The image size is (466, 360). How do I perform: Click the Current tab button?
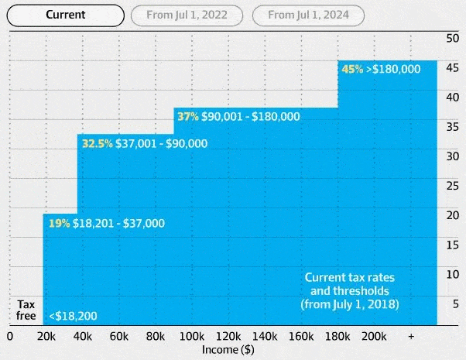point(65,15)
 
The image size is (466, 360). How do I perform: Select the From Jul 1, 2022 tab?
point(187,15)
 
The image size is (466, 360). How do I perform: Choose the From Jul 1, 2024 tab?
point(308,15)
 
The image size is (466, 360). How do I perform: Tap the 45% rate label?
point(352,69)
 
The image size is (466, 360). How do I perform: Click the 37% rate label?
point(188,116)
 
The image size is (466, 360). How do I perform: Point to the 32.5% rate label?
point(98,143)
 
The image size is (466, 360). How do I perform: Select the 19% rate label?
point(59,223)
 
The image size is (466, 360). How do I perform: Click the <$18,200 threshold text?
point(73,316)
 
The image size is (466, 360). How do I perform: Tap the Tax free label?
point(26,310)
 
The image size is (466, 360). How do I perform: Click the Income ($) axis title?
point(228,350)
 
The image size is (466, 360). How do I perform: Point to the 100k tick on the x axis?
point(192,337)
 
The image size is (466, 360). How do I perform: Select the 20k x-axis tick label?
point(46,337)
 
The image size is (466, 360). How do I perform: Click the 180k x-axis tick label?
point(338,337)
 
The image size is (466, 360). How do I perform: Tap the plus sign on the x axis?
point(411,337)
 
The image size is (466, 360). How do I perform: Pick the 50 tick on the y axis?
point(453,39)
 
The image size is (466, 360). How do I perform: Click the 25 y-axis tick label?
point(453,186)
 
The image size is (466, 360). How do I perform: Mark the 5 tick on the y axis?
point(456,303)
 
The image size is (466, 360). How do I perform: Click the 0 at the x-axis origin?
point(10,337)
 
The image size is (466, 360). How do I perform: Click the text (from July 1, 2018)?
point(350,304)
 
